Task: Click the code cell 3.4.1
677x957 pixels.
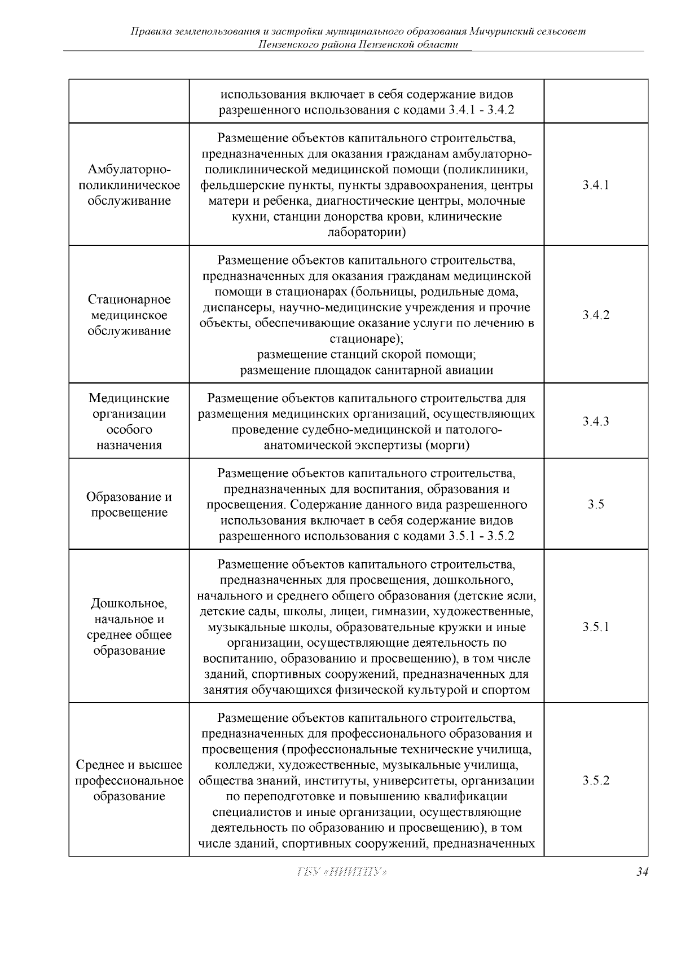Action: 596,185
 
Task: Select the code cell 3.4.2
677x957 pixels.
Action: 596,315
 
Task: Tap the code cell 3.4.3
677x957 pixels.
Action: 596,421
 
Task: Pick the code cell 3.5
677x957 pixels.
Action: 596,505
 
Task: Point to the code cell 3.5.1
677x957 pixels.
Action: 596,627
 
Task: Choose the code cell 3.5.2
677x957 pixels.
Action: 596,780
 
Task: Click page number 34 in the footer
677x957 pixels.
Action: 641,888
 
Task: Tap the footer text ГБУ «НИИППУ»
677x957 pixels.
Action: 341,888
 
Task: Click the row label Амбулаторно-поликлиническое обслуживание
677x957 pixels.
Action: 129,185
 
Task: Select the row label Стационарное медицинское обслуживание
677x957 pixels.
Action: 129,315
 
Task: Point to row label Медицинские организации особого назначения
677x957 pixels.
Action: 129,421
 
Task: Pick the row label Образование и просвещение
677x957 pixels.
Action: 129,505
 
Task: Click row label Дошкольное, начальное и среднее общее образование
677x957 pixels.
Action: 129,627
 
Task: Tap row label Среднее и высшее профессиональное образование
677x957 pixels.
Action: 129,780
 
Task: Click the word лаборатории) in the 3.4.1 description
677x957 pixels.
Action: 366,232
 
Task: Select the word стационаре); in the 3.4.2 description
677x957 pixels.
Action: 366,339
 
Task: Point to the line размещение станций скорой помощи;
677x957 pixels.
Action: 366,355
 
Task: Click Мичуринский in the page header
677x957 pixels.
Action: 501,32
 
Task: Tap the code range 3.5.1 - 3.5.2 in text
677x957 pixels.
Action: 481,536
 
